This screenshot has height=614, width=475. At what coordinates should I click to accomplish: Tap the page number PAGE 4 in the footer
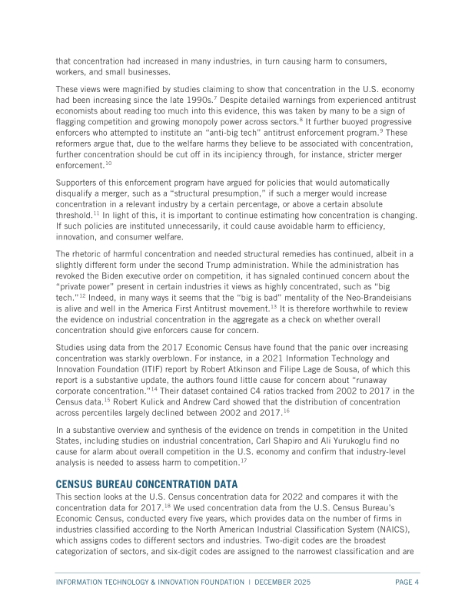pos(405,583)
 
